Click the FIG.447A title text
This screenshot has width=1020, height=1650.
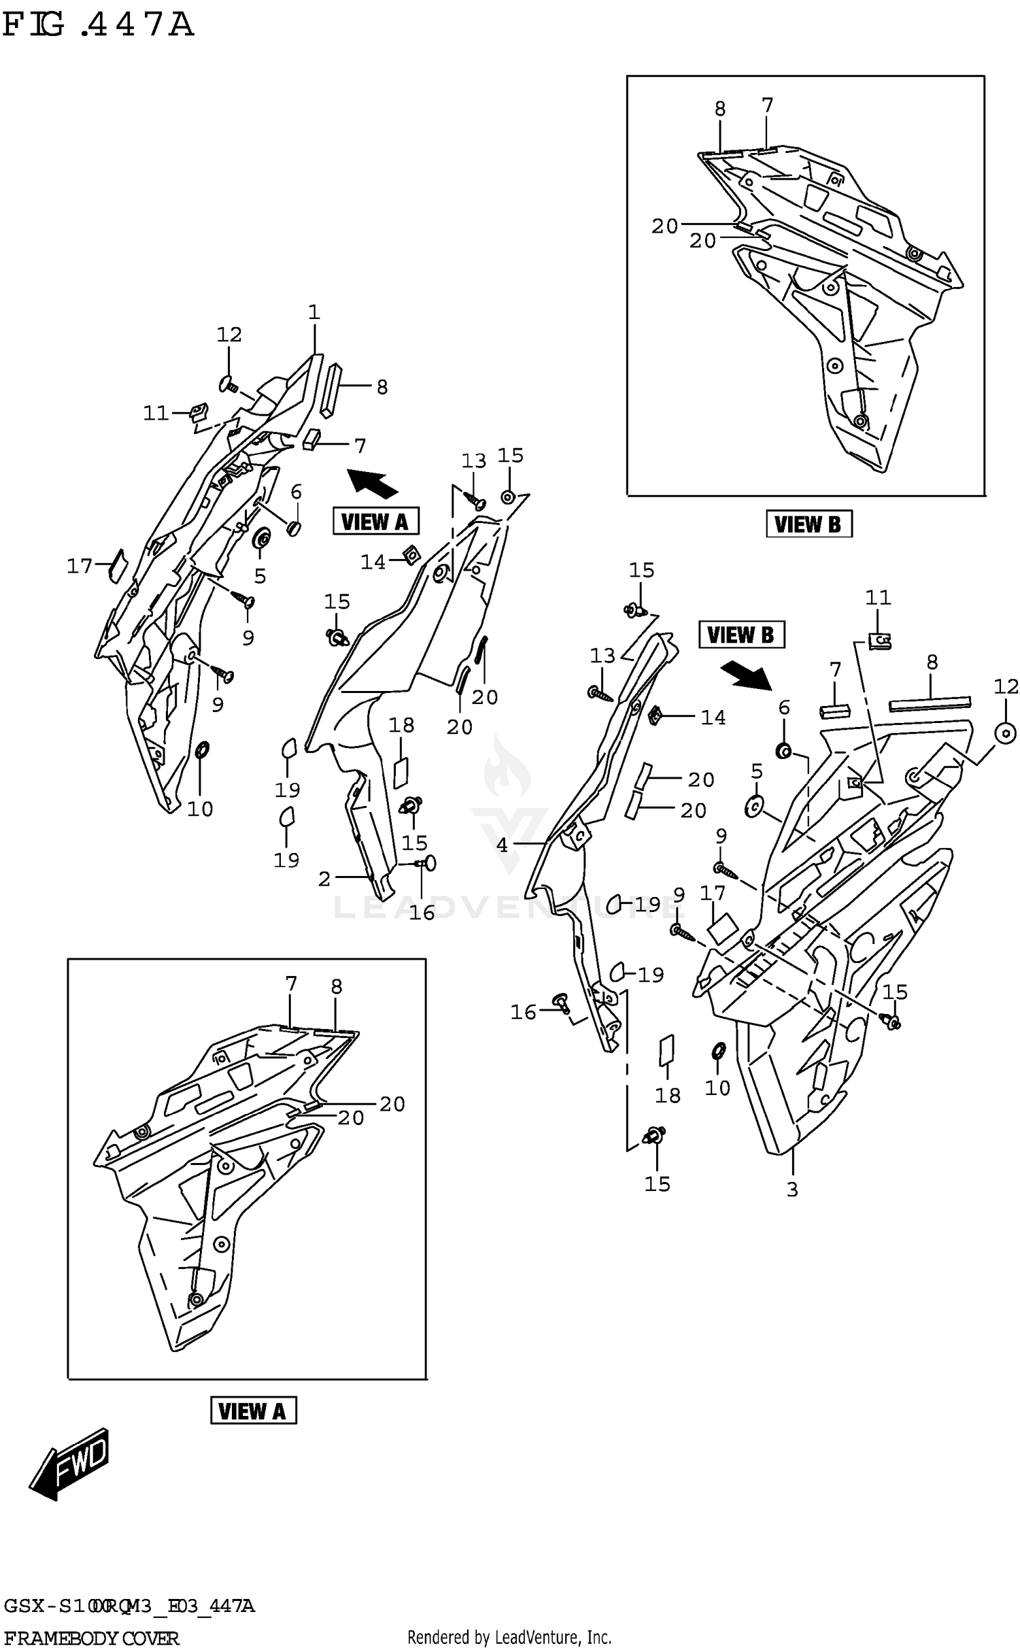click(99, 26)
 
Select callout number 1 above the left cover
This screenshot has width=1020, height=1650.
click(313, 313)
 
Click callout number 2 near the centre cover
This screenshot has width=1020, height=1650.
click(324, 879)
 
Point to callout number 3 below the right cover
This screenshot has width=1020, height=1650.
click(792, 1190)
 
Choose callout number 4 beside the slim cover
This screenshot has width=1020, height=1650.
click(502, 845)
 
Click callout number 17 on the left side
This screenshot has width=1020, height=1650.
click(79, 566)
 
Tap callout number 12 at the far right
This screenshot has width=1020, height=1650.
click(1006, 687)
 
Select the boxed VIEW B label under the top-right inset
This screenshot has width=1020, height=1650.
click(809, 524)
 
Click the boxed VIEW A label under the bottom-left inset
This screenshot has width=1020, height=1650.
click(253, 1411)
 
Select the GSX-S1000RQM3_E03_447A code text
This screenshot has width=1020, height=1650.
click(129, 1607)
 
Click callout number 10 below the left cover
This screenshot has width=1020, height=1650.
click(200, 809)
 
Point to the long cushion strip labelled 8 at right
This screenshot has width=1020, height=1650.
click(929, 703)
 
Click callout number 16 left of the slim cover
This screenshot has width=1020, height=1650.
click(524, 1013)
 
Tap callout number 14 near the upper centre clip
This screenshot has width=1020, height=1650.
click(373, 562)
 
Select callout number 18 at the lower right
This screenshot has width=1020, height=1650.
click(667, 1096)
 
